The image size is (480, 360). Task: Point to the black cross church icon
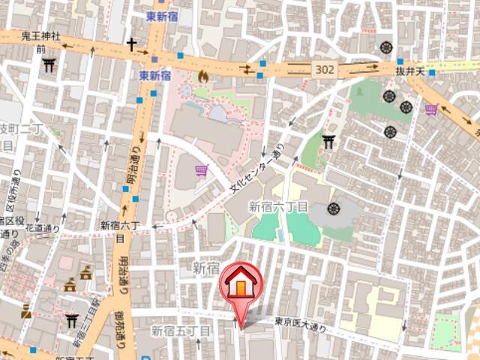click(132, 45)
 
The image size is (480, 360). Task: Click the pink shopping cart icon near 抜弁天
click(431, 109)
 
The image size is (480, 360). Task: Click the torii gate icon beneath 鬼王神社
click(49, 65)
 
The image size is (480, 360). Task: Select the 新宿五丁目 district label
click(181, 330)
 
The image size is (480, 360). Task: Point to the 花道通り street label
click(43, 227)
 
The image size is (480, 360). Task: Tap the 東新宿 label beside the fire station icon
click(156, 76)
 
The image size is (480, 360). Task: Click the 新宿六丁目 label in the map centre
click(278, 206)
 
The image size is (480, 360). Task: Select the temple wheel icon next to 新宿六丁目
click(334, 208)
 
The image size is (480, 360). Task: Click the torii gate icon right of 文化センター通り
click(328, 140)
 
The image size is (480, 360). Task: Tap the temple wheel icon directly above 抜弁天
click(387, 46)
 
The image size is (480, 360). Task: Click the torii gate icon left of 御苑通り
click(72, 321)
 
